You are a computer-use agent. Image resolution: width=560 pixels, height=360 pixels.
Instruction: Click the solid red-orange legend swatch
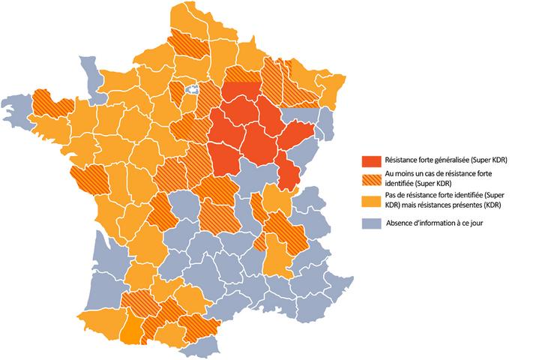point(371,160)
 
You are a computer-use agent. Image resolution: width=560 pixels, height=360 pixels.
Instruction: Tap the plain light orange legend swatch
point(371,201)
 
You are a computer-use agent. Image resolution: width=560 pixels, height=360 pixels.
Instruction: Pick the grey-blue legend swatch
point(371,223)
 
